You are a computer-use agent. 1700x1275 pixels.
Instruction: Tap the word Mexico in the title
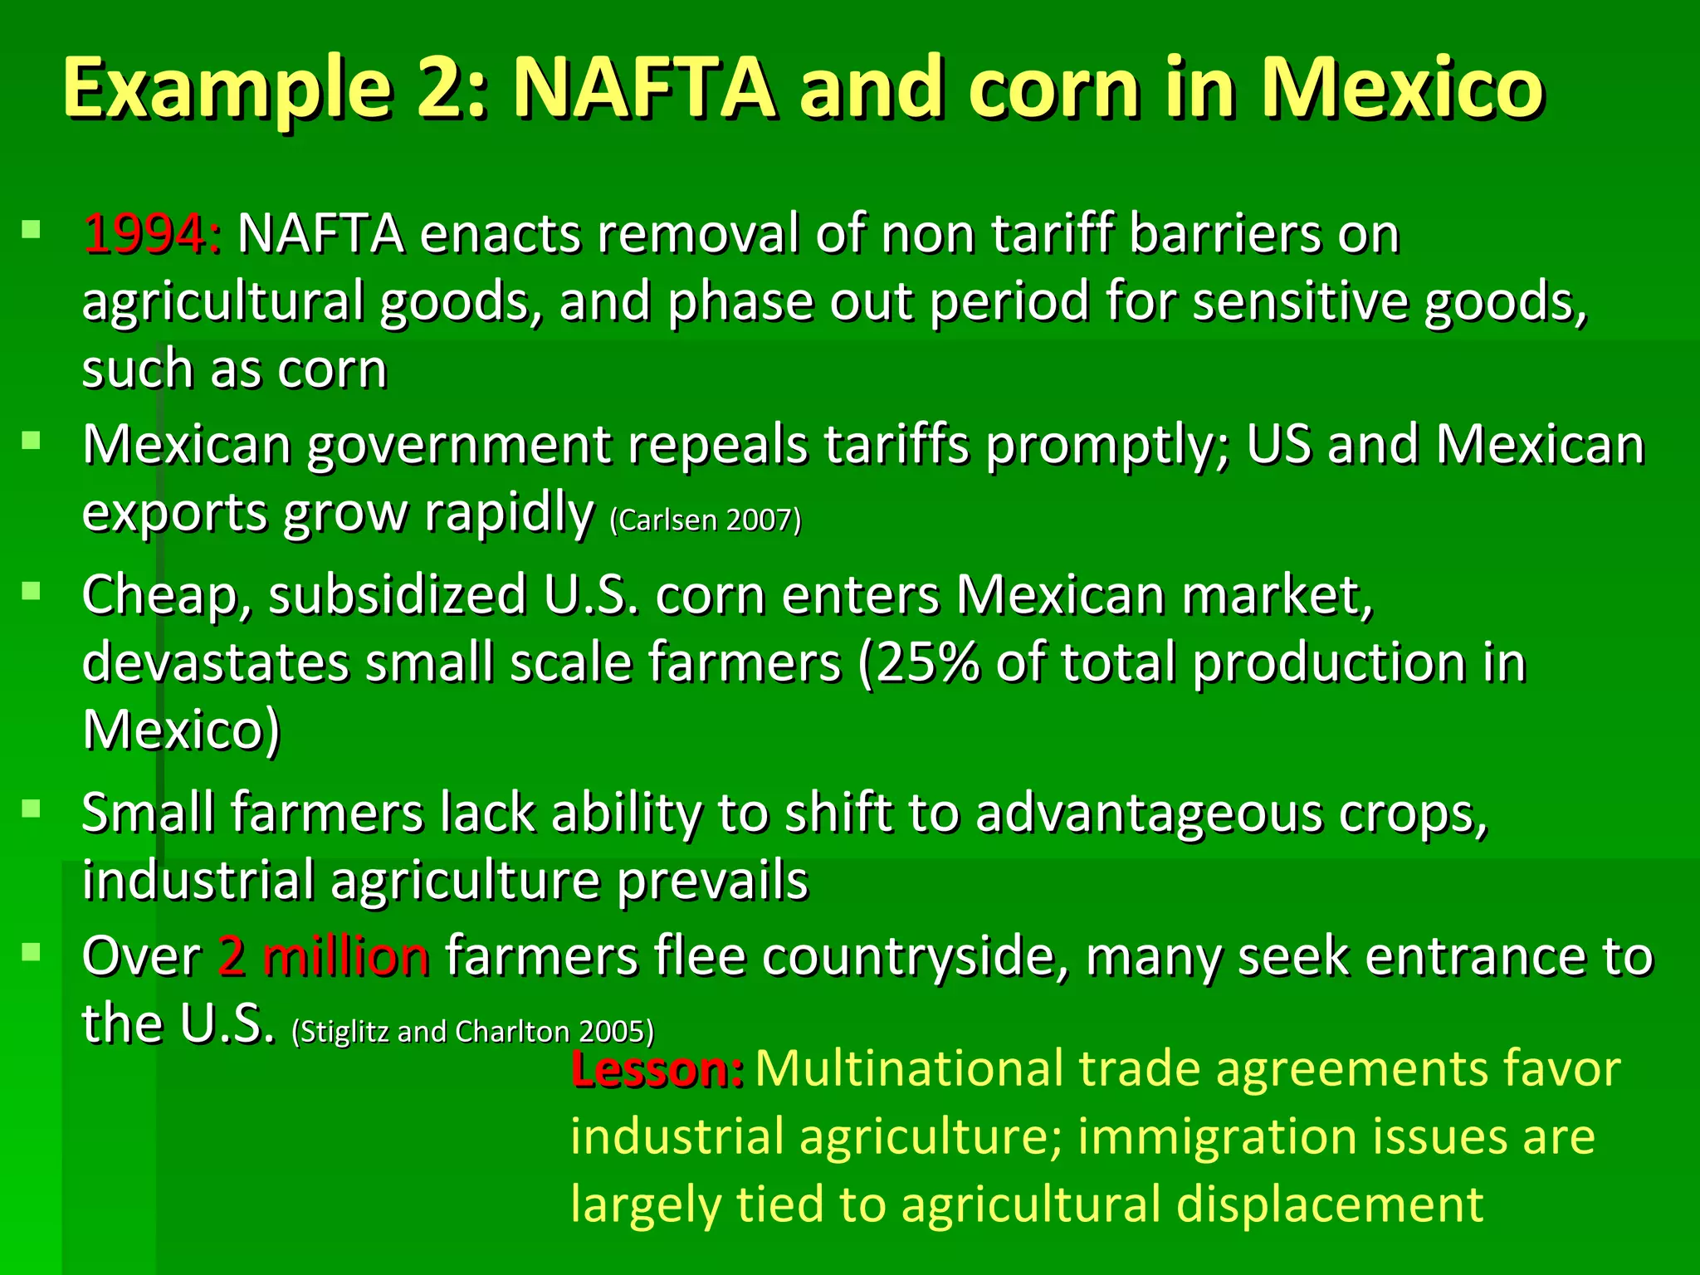point(1402,88)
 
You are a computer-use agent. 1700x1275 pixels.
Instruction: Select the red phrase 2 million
point(324,956)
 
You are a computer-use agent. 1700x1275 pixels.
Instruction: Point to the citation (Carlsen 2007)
point(706,520)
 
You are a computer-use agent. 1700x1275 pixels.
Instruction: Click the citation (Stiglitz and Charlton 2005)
point(473,1032)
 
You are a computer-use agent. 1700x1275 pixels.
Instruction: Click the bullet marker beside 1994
point(32,228)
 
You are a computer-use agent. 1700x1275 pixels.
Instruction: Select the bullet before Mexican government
point(32,440)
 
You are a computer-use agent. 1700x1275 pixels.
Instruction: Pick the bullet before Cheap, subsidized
point(32,590)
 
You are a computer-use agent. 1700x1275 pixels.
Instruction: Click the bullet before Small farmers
point(32,808)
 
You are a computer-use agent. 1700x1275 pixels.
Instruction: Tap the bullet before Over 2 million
point(32,951)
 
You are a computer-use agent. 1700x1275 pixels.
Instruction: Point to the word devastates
point(216,663)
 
